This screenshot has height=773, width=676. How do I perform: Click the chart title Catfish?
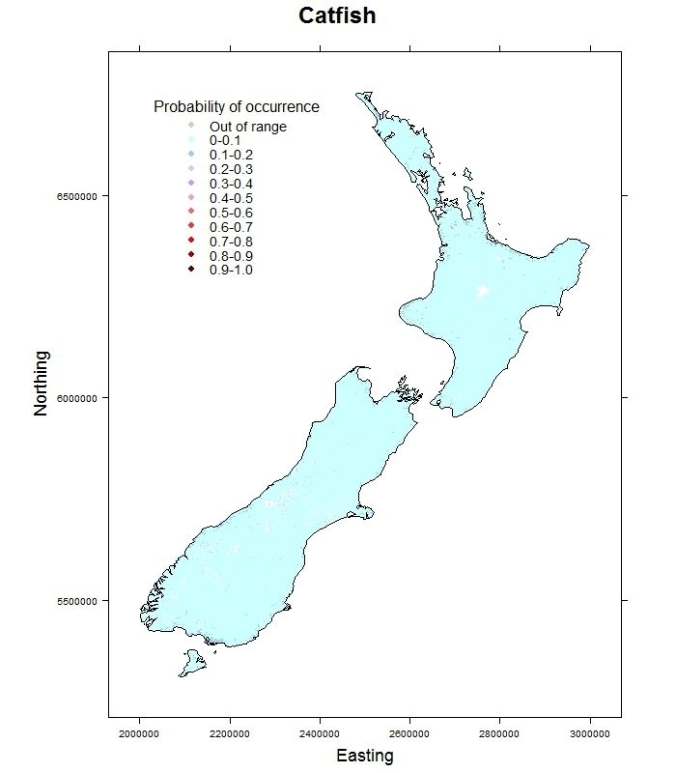tap(337, 16)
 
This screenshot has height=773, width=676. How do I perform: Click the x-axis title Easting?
tap(364, 756)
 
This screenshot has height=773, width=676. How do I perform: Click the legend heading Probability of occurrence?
tap(237, 107)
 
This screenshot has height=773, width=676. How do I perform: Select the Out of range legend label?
tap(248, 127)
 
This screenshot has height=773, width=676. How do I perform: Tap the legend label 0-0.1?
tap(225, 141)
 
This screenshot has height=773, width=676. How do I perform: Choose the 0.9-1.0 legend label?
tap(231, 271)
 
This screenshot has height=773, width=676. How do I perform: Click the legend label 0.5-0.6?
tap(231, 213)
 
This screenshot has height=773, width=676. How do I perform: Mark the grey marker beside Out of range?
tap(191, 126)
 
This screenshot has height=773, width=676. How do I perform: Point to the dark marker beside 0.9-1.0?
tap(191, 270)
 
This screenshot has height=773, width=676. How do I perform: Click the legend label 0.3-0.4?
tap(231, 184)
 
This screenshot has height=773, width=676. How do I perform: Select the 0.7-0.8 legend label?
tap(231, 242)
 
